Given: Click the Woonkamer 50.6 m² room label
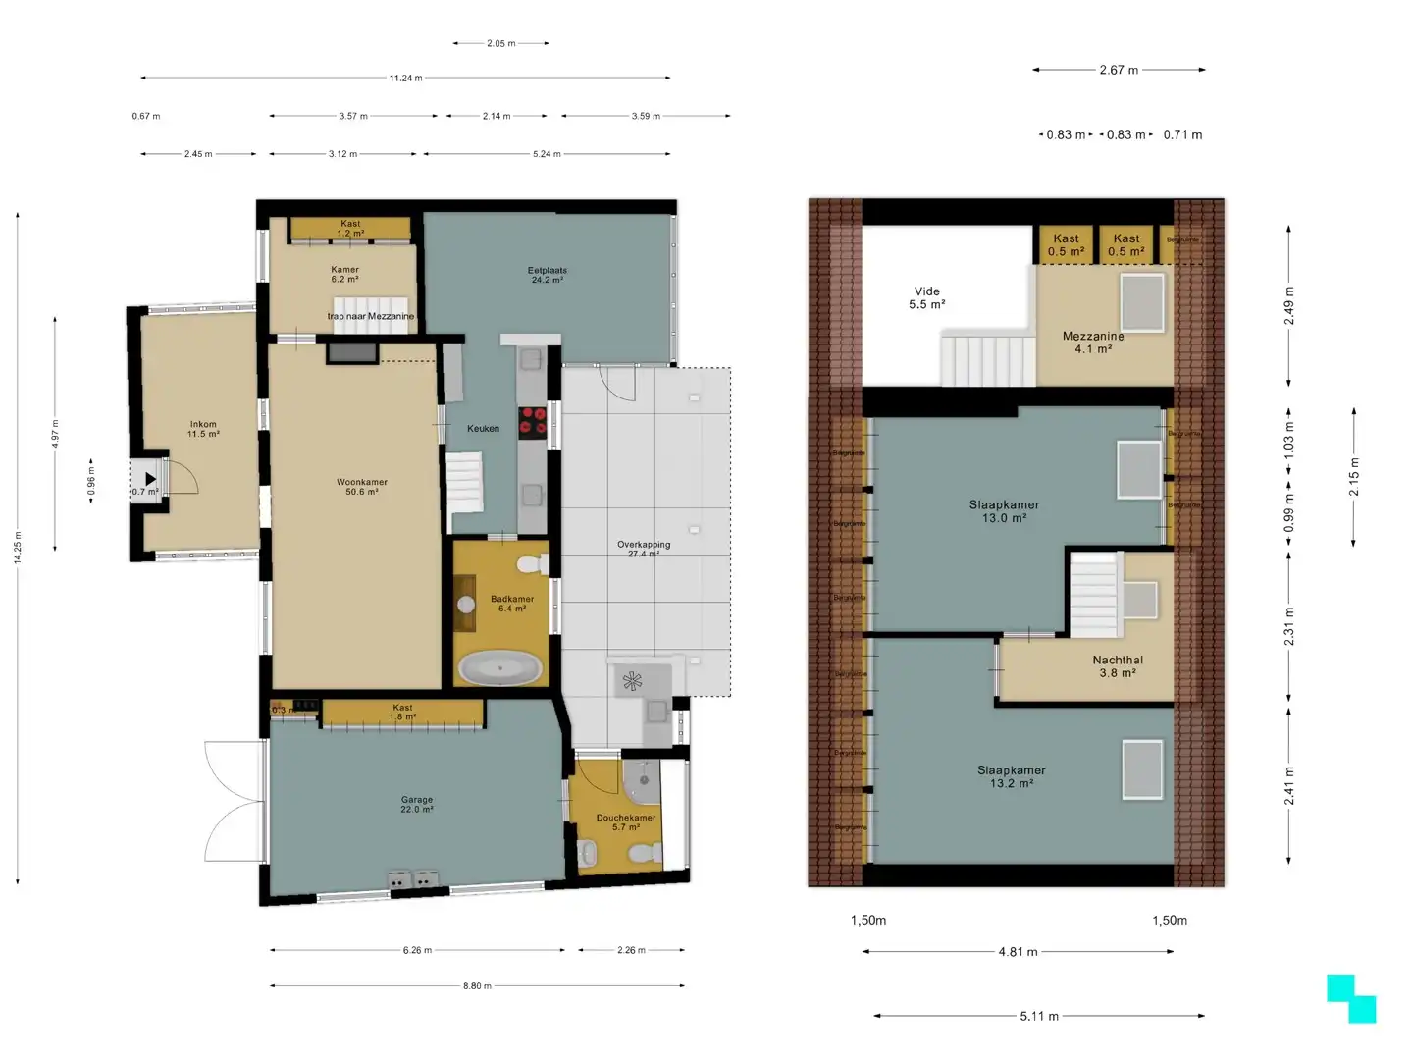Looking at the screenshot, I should (361, 487).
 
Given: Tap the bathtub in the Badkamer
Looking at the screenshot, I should (500, 669).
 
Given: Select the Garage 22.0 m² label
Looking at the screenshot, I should (416, 805).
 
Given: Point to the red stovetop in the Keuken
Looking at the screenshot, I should (532, 420).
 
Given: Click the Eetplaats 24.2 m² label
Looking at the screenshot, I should (547, 275).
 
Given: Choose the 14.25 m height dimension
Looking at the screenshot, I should (18, 548).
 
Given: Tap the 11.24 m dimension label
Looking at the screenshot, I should (405, 78).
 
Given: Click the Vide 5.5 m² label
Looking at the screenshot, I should (926, 297).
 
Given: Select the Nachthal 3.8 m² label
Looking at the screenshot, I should (1118, 666).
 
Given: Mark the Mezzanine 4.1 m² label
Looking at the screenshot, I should (1092, 342).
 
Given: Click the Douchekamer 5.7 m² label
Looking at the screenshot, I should (626, 822).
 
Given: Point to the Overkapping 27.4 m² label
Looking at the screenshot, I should (644, 549).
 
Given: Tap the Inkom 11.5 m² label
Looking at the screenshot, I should (203, 429).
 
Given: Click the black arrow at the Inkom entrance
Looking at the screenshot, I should (150, 480).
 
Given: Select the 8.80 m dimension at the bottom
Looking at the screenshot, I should (477, 985).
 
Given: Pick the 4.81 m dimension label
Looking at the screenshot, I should (1018, 951).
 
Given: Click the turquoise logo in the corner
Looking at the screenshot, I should (1351, 999).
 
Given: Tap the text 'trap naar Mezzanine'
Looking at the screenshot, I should (370, 316).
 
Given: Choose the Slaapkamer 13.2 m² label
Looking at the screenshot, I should (1011, 776).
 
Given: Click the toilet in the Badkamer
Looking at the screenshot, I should (530, 565).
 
